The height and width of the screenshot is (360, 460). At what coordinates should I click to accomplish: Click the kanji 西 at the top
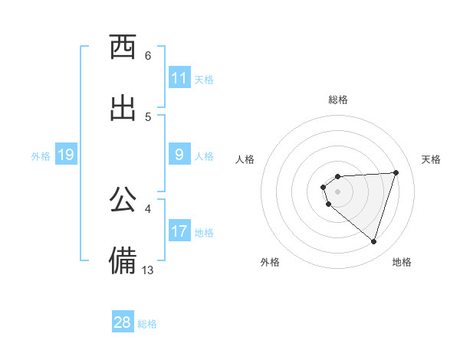pyautogui.click(x=123, y=47)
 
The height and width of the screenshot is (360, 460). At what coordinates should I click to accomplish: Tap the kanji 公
pyautogui.click(x=123, y=199)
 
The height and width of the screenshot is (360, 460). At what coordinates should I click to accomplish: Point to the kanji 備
pyautogui.click(x=123, y=260)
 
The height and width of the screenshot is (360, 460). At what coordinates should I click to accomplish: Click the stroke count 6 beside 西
pyautogui.click(x=148, y=56)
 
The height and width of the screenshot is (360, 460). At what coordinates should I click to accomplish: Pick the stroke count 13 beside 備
pyautogui.click(x=148, y=270)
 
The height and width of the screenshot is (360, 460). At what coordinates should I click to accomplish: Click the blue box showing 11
pyautogui.click(x=179, y=78)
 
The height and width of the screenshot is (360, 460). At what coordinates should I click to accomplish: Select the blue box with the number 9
pyautogui.click(x=179, y=155)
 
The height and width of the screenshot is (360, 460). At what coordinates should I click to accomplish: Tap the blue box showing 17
pyautogui.click(x=179, y=231)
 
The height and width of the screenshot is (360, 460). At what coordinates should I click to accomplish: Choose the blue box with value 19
pyautogui.click(x=66, y=155)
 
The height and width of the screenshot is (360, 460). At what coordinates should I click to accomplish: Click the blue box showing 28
pyautogui.click(x=123, y=322)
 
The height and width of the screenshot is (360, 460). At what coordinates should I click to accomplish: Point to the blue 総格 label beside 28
pyautogui.click(x=147, y=324)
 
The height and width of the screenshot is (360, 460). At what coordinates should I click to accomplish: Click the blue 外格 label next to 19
pyautogui.click(x=41, y=155)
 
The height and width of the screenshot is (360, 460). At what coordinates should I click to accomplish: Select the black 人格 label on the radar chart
pyautogui.click(x=245, y=159)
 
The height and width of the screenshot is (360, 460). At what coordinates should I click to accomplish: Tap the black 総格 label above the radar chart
pyautogui.click(x=338, y=100)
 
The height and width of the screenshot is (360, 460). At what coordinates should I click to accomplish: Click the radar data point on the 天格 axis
pyautogui.click(x=396, y=172)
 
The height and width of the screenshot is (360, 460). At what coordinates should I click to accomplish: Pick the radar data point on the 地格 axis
pyautogui.click(x=373, y=242)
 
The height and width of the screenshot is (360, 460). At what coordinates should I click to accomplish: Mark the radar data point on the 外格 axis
pyautogui.click(x=329, y=205)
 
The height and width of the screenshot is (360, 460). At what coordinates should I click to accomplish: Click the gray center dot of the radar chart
pyautogui.click(x=337, y=191)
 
